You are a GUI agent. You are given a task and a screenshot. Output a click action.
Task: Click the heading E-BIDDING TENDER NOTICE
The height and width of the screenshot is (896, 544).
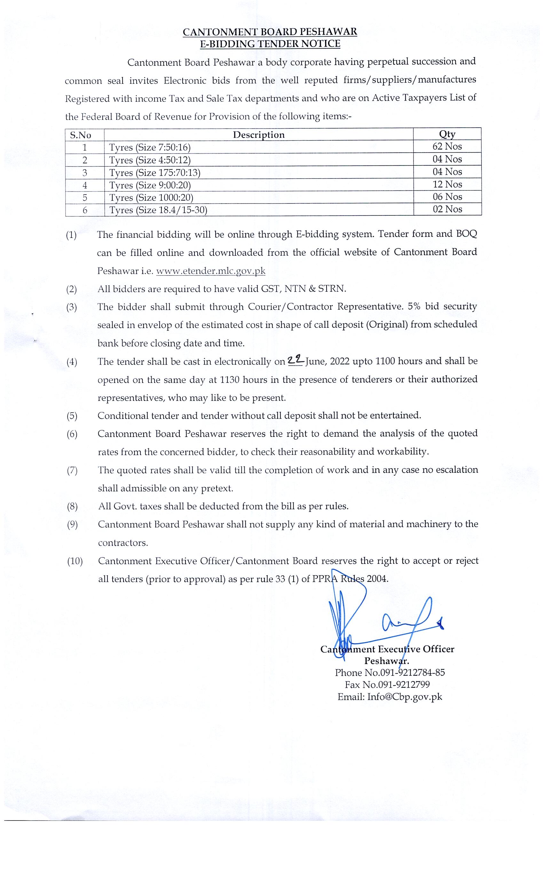click(x=270, y=44)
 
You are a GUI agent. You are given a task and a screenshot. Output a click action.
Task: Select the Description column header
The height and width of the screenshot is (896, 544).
click(x=258, y=135)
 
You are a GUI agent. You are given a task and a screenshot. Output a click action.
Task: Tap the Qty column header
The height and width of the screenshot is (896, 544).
click(x=447, y=134)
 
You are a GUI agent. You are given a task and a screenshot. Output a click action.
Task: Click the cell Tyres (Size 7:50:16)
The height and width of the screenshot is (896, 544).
click(x=150, y=147)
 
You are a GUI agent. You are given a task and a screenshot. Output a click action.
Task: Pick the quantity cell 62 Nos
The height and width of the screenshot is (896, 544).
click(x=447, y=147)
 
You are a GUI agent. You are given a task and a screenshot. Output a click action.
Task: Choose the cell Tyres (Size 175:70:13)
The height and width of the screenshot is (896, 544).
click(x=155, y=172)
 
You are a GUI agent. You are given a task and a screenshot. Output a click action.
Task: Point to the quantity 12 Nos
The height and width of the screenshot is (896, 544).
click(x=447, y=184)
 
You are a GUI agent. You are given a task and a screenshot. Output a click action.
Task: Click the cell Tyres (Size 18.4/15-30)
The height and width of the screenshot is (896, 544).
click(x=158, y=210)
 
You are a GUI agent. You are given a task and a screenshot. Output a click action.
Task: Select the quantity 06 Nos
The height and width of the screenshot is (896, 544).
click(x=447, y=197)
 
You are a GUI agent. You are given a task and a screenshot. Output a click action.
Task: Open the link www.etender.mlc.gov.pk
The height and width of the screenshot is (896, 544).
click(x=210, y=271)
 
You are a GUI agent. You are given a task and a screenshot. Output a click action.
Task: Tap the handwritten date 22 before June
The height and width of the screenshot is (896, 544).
click(x=295, y=360)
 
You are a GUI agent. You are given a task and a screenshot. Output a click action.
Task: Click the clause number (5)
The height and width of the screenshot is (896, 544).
click(x=72, y=416)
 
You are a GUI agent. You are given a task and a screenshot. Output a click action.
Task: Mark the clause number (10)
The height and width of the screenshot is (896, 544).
click(x=75, y=561)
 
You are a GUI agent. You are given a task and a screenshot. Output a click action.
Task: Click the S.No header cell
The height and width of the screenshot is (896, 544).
click(x=80, y=135)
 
